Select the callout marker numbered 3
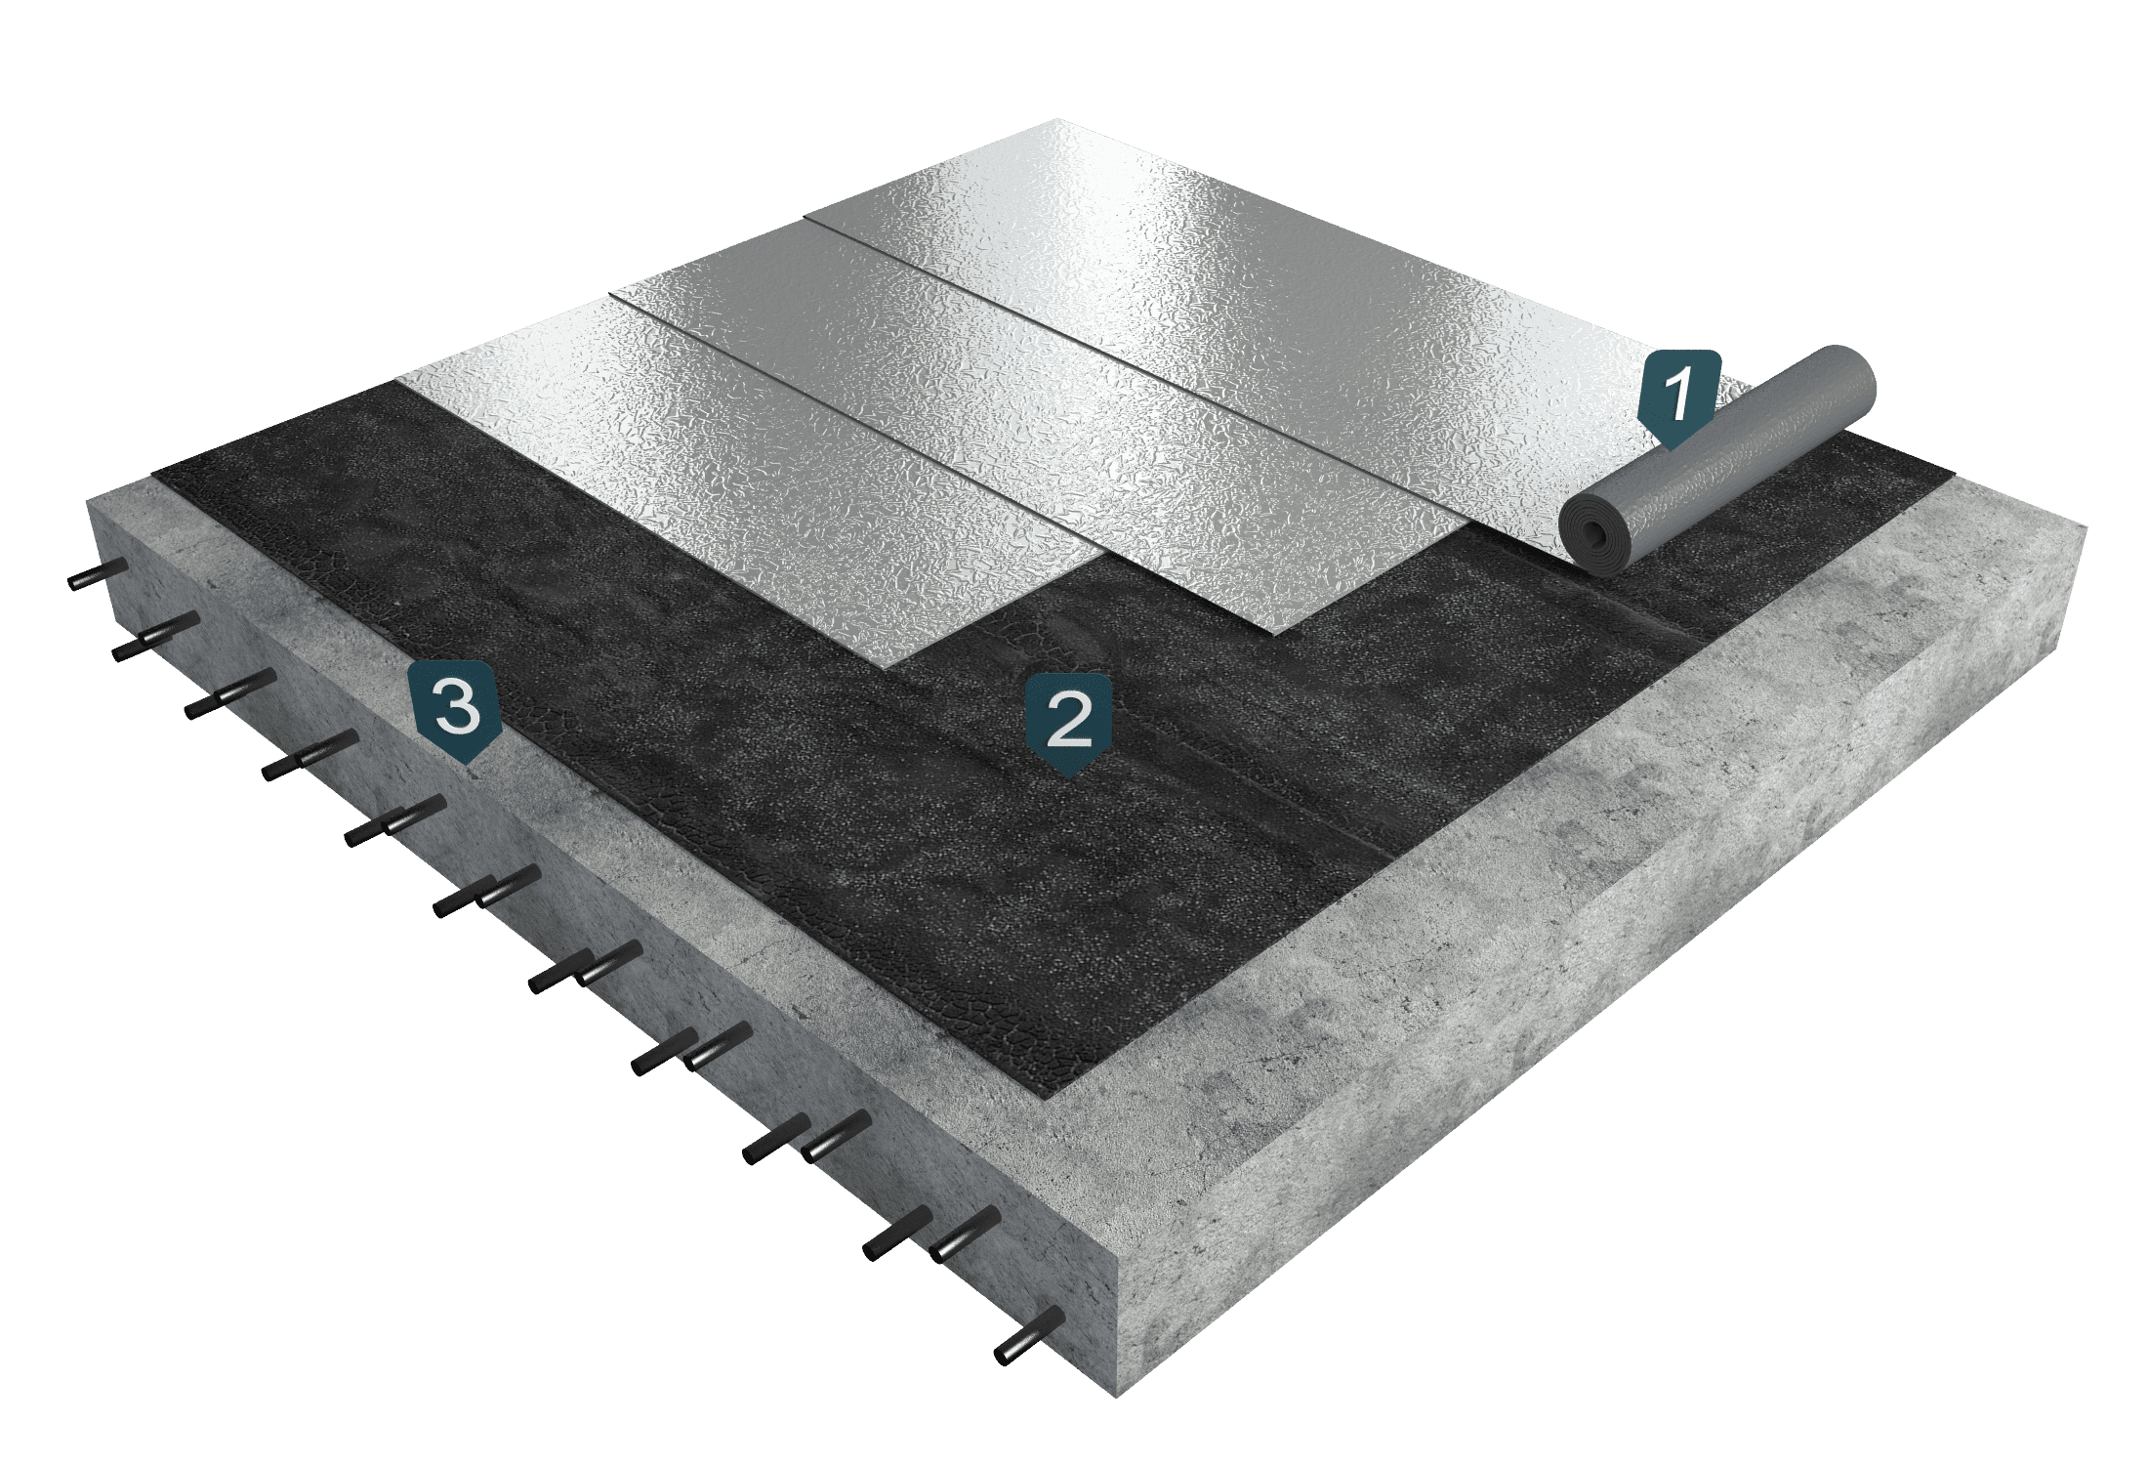[457, 708]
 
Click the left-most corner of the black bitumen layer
[154, 476]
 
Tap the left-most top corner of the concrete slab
[88, 500]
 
